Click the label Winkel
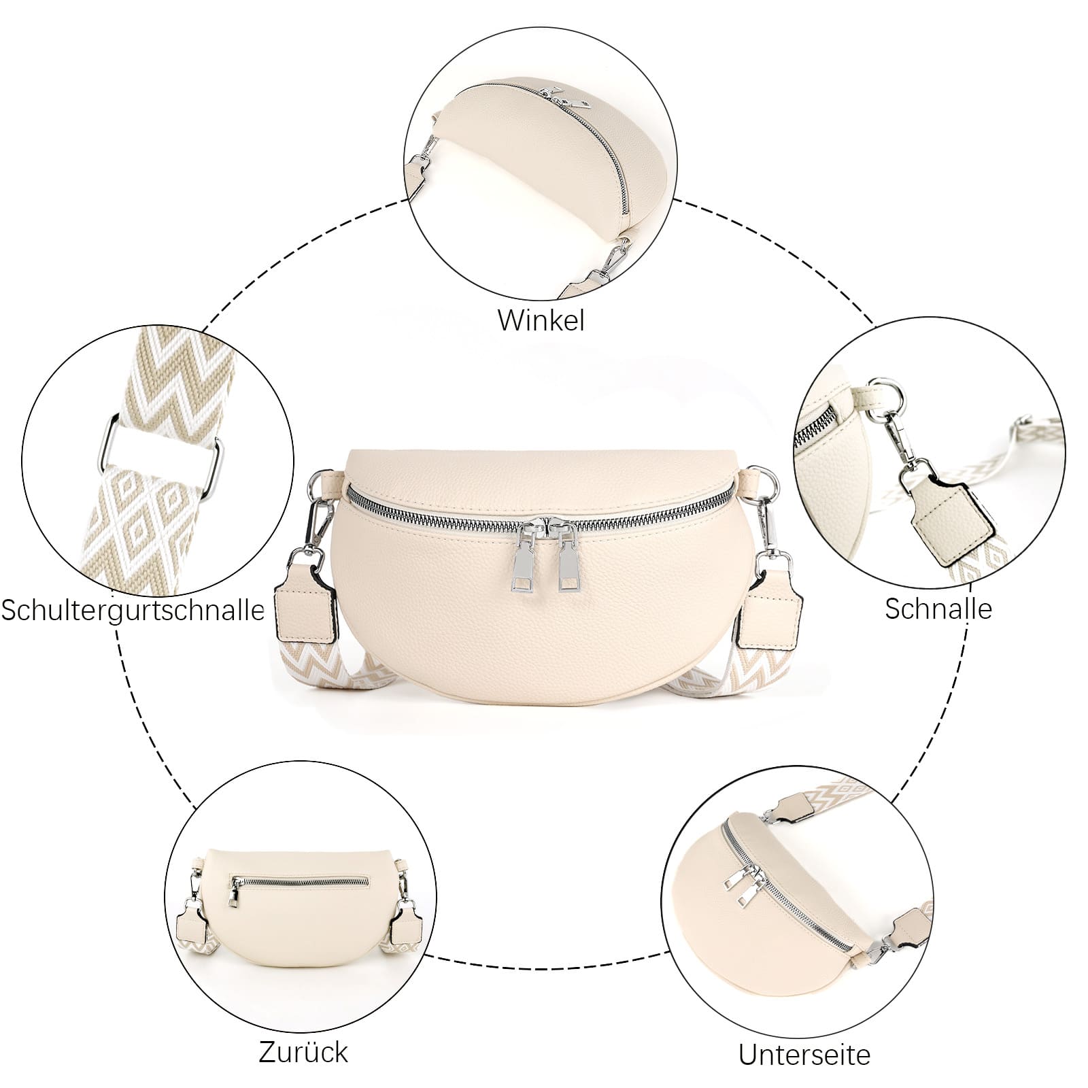click(541, 320)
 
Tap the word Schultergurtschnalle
click(133, 609)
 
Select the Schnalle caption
click(938, 609)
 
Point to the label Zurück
click(303, 1052)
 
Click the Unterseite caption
click(804, 1055)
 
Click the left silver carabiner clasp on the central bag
click(318, 517)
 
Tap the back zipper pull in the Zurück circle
click(233, 892)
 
